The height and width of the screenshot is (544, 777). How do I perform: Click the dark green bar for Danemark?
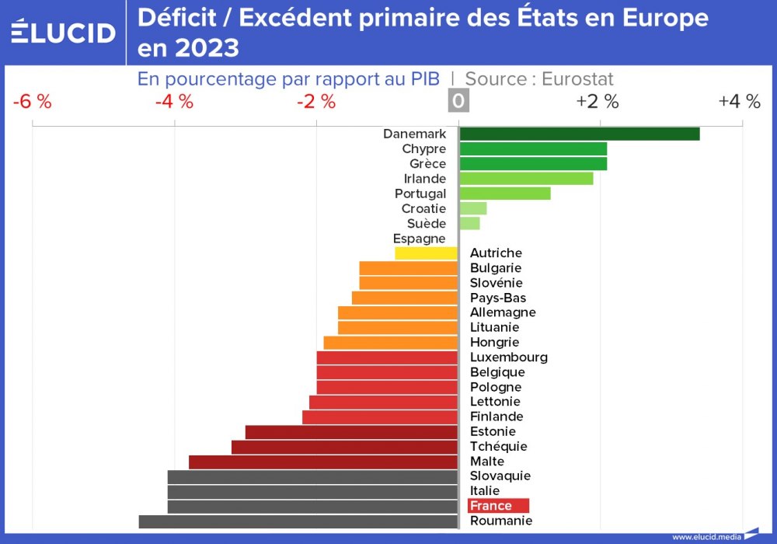[x=579, y=134]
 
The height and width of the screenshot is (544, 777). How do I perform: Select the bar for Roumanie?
[x=298, y=521]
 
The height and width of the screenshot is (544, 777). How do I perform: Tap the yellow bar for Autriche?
[x=427, y=253]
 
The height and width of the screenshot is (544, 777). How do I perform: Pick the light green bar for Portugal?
[x=505, y=194]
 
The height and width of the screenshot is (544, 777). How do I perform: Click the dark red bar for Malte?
[x=323, y=462]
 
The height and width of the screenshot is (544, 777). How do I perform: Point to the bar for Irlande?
[x=526, y=179]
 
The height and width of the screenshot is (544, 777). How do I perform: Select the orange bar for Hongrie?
[x=391, y=343]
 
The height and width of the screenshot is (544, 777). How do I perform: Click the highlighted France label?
[x=498, y=506]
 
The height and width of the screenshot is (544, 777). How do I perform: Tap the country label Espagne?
[x=420, y=239]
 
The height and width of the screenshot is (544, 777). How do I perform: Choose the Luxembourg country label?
[x=509, y=357]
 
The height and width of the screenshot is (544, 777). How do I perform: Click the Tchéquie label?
[x=499, y=447]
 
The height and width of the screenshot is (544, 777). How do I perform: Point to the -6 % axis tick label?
[x=33, y=102]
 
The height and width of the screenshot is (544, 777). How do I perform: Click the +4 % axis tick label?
[x=739, y=102]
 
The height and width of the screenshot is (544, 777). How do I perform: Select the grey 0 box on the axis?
[x=458, y=102]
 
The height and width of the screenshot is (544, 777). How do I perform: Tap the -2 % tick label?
[x=316, y=102]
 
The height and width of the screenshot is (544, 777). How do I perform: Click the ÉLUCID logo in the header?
[x=63, y=32]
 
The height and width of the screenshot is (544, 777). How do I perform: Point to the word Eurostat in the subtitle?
[x=577, y=79]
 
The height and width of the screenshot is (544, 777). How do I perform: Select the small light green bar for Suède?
[x=469, y=224]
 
